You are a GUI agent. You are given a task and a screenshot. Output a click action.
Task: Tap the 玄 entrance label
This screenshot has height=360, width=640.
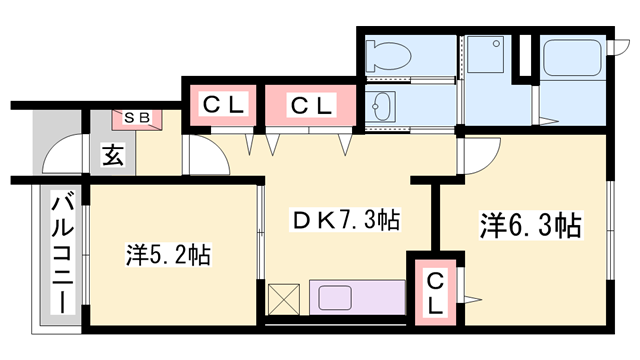click(111, 155)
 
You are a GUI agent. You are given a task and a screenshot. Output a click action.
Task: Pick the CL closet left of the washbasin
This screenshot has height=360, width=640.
click(309, 103)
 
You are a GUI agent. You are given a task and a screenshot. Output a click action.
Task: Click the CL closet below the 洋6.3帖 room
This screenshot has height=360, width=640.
click(438, 290)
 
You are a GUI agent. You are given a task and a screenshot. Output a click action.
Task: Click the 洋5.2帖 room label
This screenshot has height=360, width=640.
click(168, 254)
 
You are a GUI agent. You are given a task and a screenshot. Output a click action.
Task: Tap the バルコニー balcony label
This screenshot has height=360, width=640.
click(61, 254)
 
